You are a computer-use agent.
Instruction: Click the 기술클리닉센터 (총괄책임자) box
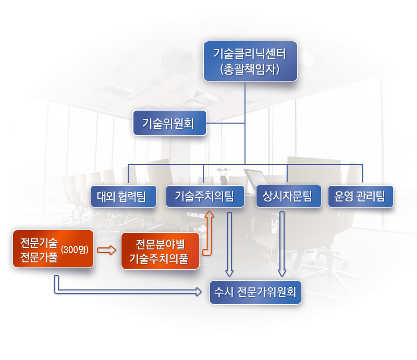[x=250, y=61]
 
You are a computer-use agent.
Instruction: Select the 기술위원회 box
[x=170, y=123]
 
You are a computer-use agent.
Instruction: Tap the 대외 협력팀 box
[x=124, y=196]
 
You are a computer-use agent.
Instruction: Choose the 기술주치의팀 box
[x=205, y=196]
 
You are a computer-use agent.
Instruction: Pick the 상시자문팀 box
[x=289, y=196]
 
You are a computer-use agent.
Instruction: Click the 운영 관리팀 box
[x=360, y=196]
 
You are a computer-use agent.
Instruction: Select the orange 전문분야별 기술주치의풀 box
[x=160, y=251]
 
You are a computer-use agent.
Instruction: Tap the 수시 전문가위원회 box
[x=255, y=292]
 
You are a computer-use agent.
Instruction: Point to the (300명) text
[x=75, y=249]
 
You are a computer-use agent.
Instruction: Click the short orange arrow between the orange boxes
[x=107, y=250]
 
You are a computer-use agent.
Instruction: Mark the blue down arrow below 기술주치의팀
[x=229, y=244]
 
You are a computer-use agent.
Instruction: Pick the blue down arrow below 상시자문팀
[x=282, y=244]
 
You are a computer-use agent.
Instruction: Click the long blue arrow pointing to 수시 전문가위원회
[x=128, y=292]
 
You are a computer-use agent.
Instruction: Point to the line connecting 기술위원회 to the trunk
[x=226, y=123]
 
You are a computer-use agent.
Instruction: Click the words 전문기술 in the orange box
[x=39, y=243]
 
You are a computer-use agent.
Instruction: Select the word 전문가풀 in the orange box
[x=39, y=257]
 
